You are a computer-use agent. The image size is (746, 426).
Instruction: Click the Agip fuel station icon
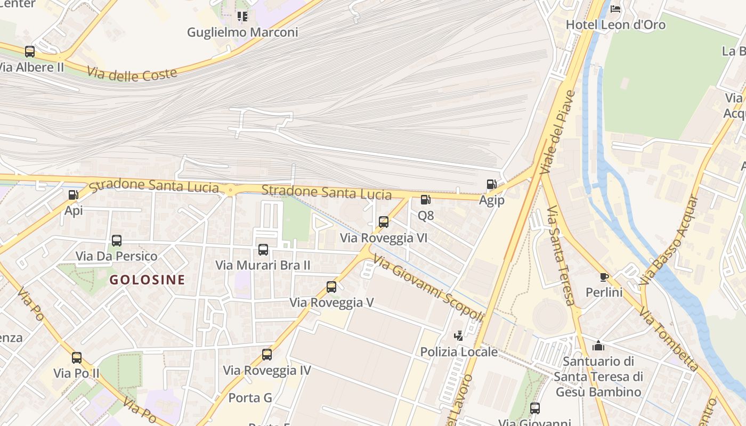click(491, 184)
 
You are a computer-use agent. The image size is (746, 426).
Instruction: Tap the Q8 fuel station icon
click(425, 200)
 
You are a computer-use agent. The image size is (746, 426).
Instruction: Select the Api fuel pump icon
click(74, 195)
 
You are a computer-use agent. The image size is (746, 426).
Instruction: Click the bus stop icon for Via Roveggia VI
click(384, 222)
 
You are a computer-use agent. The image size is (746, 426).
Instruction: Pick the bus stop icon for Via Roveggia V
click(331, 287)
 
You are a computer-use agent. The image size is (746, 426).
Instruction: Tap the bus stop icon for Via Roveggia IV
click(267, 355)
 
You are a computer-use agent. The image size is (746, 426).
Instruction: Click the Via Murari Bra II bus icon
click(263, 249)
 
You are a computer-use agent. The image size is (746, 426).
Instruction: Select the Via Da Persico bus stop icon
click(117, 241)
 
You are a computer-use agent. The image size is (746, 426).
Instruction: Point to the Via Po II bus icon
click(77, 357)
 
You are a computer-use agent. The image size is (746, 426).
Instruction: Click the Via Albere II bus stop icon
click(30, 52)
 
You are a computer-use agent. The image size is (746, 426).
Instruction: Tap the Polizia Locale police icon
click(458, 336)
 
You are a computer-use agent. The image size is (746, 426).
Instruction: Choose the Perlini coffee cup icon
click(604, 277)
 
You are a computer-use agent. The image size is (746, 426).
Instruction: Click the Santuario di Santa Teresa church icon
click(598, 346)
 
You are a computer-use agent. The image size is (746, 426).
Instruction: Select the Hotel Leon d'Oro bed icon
click(615, 9)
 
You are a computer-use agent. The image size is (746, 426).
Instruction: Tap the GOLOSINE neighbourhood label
click(147, 280)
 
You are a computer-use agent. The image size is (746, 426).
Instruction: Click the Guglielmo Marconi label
click(242, 32)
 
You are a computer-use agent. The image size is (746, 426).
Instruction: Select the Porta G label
click(250, 398)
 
